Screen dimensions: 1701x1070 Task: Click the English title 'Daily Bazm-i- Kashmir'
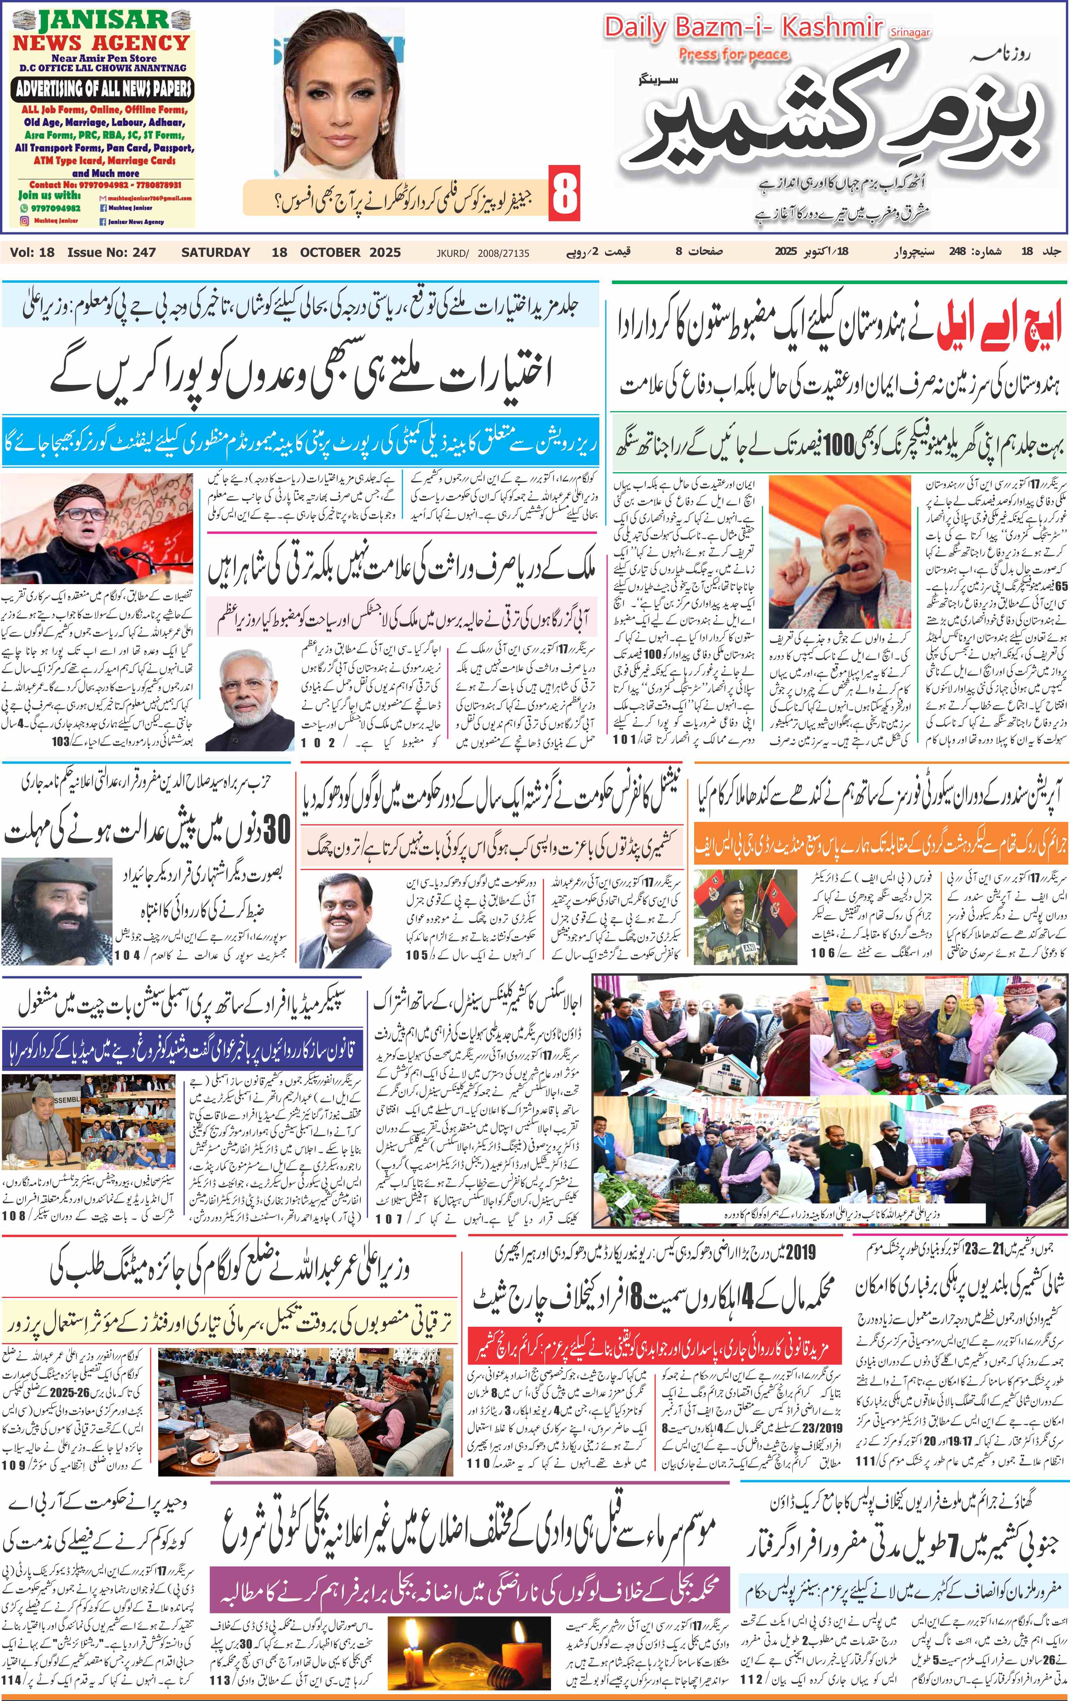click(743, 28)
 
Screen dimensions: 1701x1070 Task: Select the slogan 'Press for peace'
click(733, 54)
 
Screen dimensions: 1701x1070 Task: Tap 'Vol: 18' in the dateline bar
click(32, 252)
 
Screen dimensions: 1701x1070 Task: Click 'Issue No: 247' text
click(112, 252)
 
